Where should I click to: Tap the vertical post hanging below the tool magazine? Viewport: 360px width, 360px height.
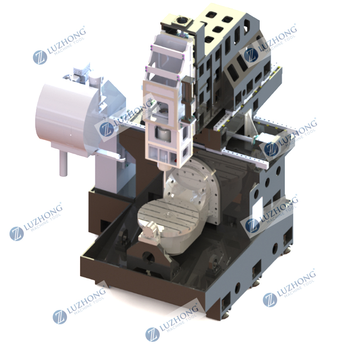(63, 164)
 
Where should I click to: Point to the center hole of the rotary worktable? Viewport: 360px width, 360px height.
(167, 215)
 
